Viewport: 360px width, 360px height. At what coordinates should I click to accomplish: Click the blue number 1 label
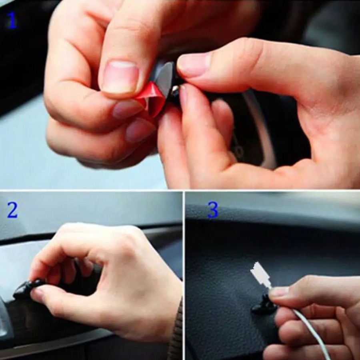click(12, 20)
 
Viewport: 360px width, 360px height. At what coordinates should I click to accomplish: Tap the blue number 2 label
click(12, 210)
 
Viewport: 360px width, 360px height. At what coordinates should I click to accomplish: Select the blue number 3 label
click(213, 210)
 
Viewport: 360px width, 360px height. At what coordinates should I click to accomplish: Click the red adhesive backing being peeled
click(151, 99)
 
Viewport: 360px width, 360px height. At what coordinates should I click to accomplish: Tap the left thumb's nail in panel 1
click(120, 76)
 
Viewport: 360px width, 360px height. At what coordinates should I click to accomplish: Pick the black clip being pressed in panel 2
click(28, 288)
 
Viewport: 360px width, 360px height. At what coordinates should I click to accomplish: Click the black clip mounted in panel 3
click(264, 305)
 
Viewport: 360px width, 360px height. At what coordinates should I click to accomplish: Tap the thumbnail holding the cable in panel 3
click(279, 292)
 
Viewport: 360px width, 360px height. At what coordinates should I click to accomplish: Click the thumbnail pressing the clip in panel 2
click(37, 295)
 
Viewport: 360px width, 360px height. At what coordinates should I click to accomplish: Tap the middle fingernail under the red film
click(125, 109)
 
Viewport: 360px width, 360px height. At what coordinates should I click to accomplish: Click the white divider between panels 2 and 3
click(184, 276)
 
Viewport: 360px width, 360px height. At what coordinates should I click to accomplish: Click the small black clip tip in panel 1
click(176, 91)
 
